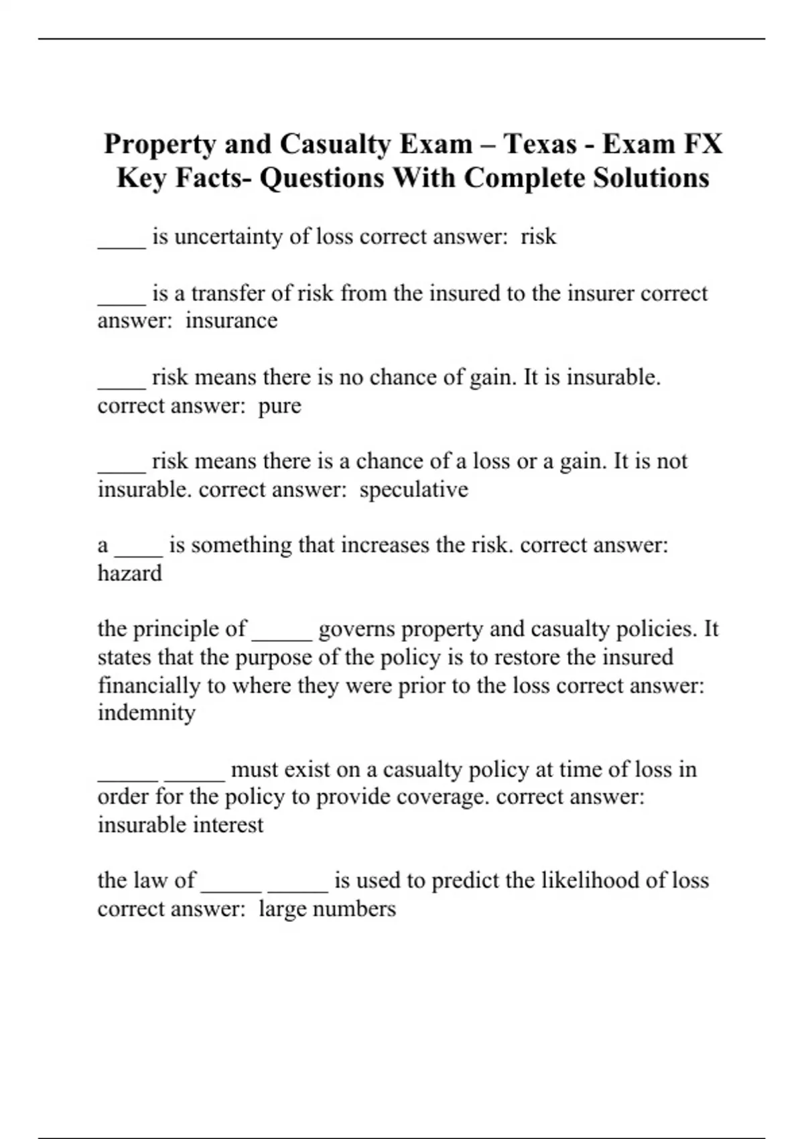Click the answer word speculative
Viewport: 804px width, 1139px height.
pos(413,490)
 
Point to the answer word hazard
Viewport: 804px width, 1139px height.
pos(130,574)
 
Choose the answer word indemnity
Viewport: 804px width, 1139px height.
pos(147,713)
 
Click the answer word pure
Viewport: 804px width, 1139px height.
pos(279,406)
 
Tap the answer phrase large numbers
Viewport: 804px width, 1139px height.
pos(327,909)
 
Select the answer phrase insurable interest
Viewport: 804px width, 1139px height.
pos(180,825)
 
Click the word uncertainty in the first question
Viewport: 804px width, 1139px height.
pos(228,237)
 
